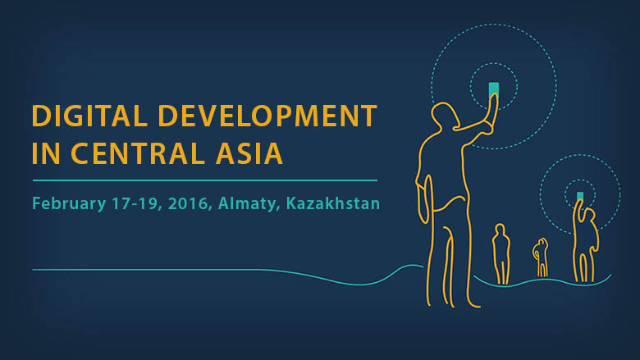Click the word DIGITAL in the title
point(89,116)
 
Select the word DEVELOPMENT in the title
point(267,116)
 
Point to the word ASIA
point(249,153)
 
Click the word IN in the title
point(45,153)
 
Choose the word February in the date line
point(69,203)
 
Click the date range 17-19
point(135,203)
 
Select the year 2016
point(188,203)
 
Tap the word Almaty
point(247,203)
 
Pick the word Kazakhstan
point(333,203)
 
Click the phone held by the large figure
point(493,89)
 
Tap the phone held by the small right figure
point(580,196)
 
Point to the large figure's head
point(445,117)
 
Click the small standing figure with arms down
point(501,253)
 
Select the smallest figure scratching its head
point(542,257)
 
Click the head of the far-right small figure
point(590,216)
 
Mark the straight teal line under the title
point(205,180)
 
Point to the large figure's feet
point(453,303)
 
